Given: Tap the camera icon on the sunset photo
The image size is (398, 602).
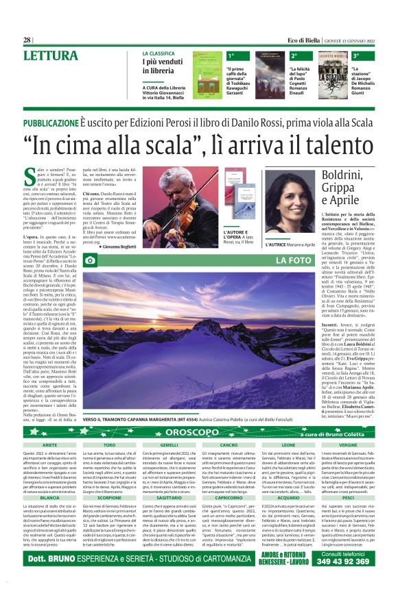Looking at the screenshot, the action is pyautogui.click(x=89, y=260).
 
